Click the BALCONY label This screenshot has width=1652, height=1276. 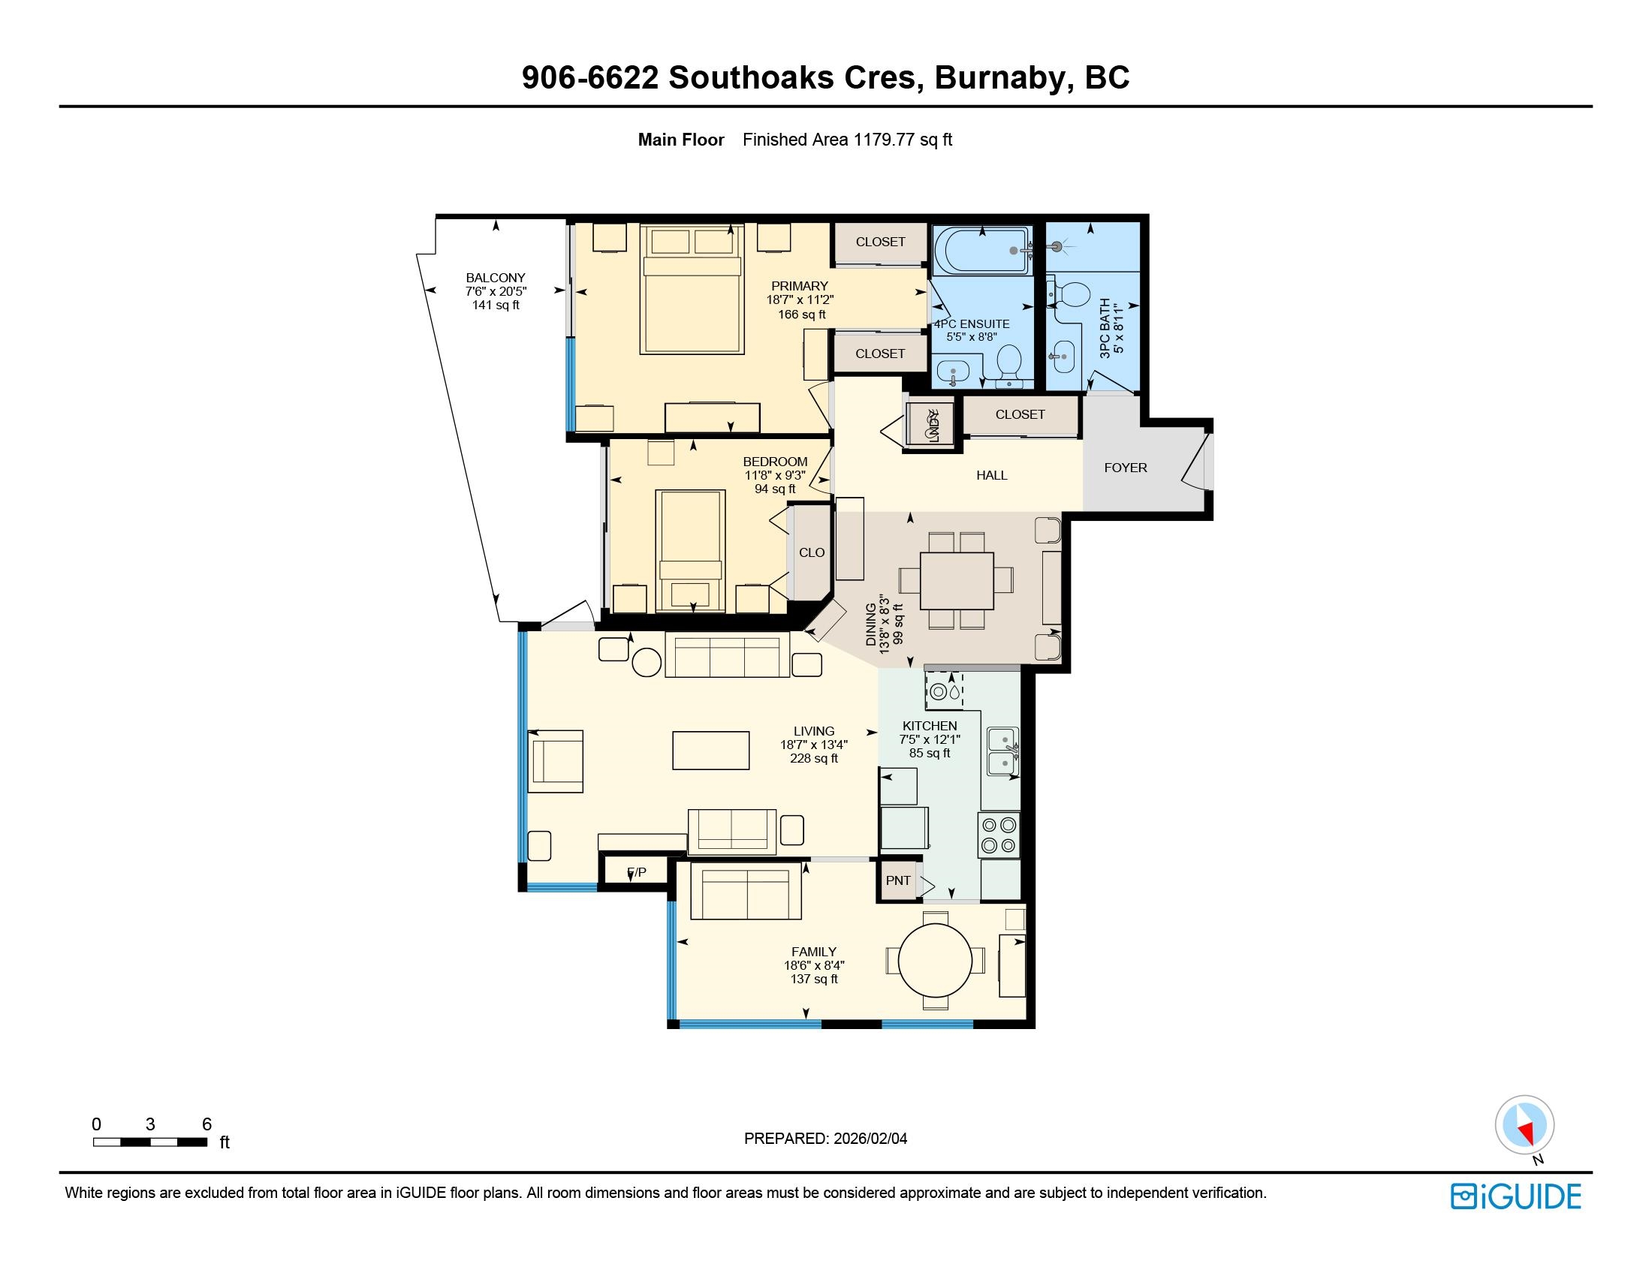pyautogui.click(x=496, y=278)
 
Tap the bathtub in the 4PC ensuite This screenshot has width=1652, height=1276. pyautogui.click(x=983, y=250)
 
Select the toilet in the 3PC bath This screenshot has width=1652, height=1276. pyautogui.click(x=1072, y=296)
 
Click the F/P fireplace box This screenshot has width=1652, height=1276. pyautogui.click(x=636, y=872)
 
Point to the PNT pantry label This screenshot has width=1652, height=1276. pyautogui.click(x=898, y=880)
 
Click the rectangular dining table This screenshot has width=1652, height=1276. pyautogui.click(x=957, y=580)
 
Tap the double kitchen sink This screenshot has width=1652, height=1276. pyautogui.click(x=1003, y=752)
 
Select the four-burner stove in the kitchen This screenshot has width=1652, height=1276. pyautogui.click(x=999, y=835)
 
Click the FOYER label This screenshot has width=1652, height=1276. pyautogui.click(x=1126, y=468)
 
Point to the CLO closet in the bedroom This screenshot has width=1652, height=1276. pyautogui.click(x=812, y=552)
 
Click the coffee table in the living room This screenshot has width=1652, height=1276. pyautogui.click(x=711, y=750)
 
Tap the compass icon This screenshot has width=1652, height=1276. pyautogui.click(x=1524, y=1125)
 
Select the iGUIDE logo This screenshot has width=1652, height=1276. pyautogui.click(x=1516, y=1196)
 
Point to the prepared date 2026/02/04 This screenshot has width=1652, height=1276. pyautogui.click(x=870, y=1139)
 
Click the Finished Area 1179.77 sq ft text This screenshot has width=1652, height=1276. pyautogui.click(x=847, y=140)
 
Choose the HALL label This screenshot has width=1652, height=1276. pyautogui.click(x=992, y=475)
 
